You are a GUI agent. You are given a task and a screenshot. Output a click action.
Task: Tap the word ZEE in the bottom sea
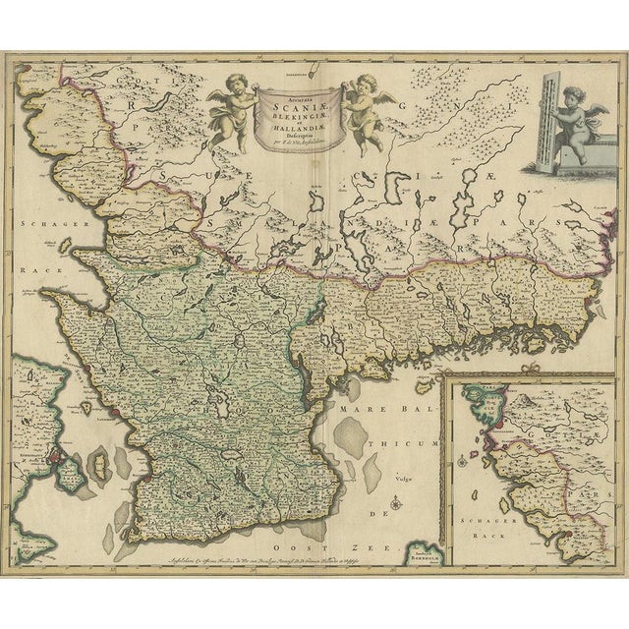click(x=377, y=544)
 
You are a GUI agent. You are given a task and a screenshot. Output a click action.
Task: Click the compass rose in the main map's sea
click(x=393, y=506)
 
